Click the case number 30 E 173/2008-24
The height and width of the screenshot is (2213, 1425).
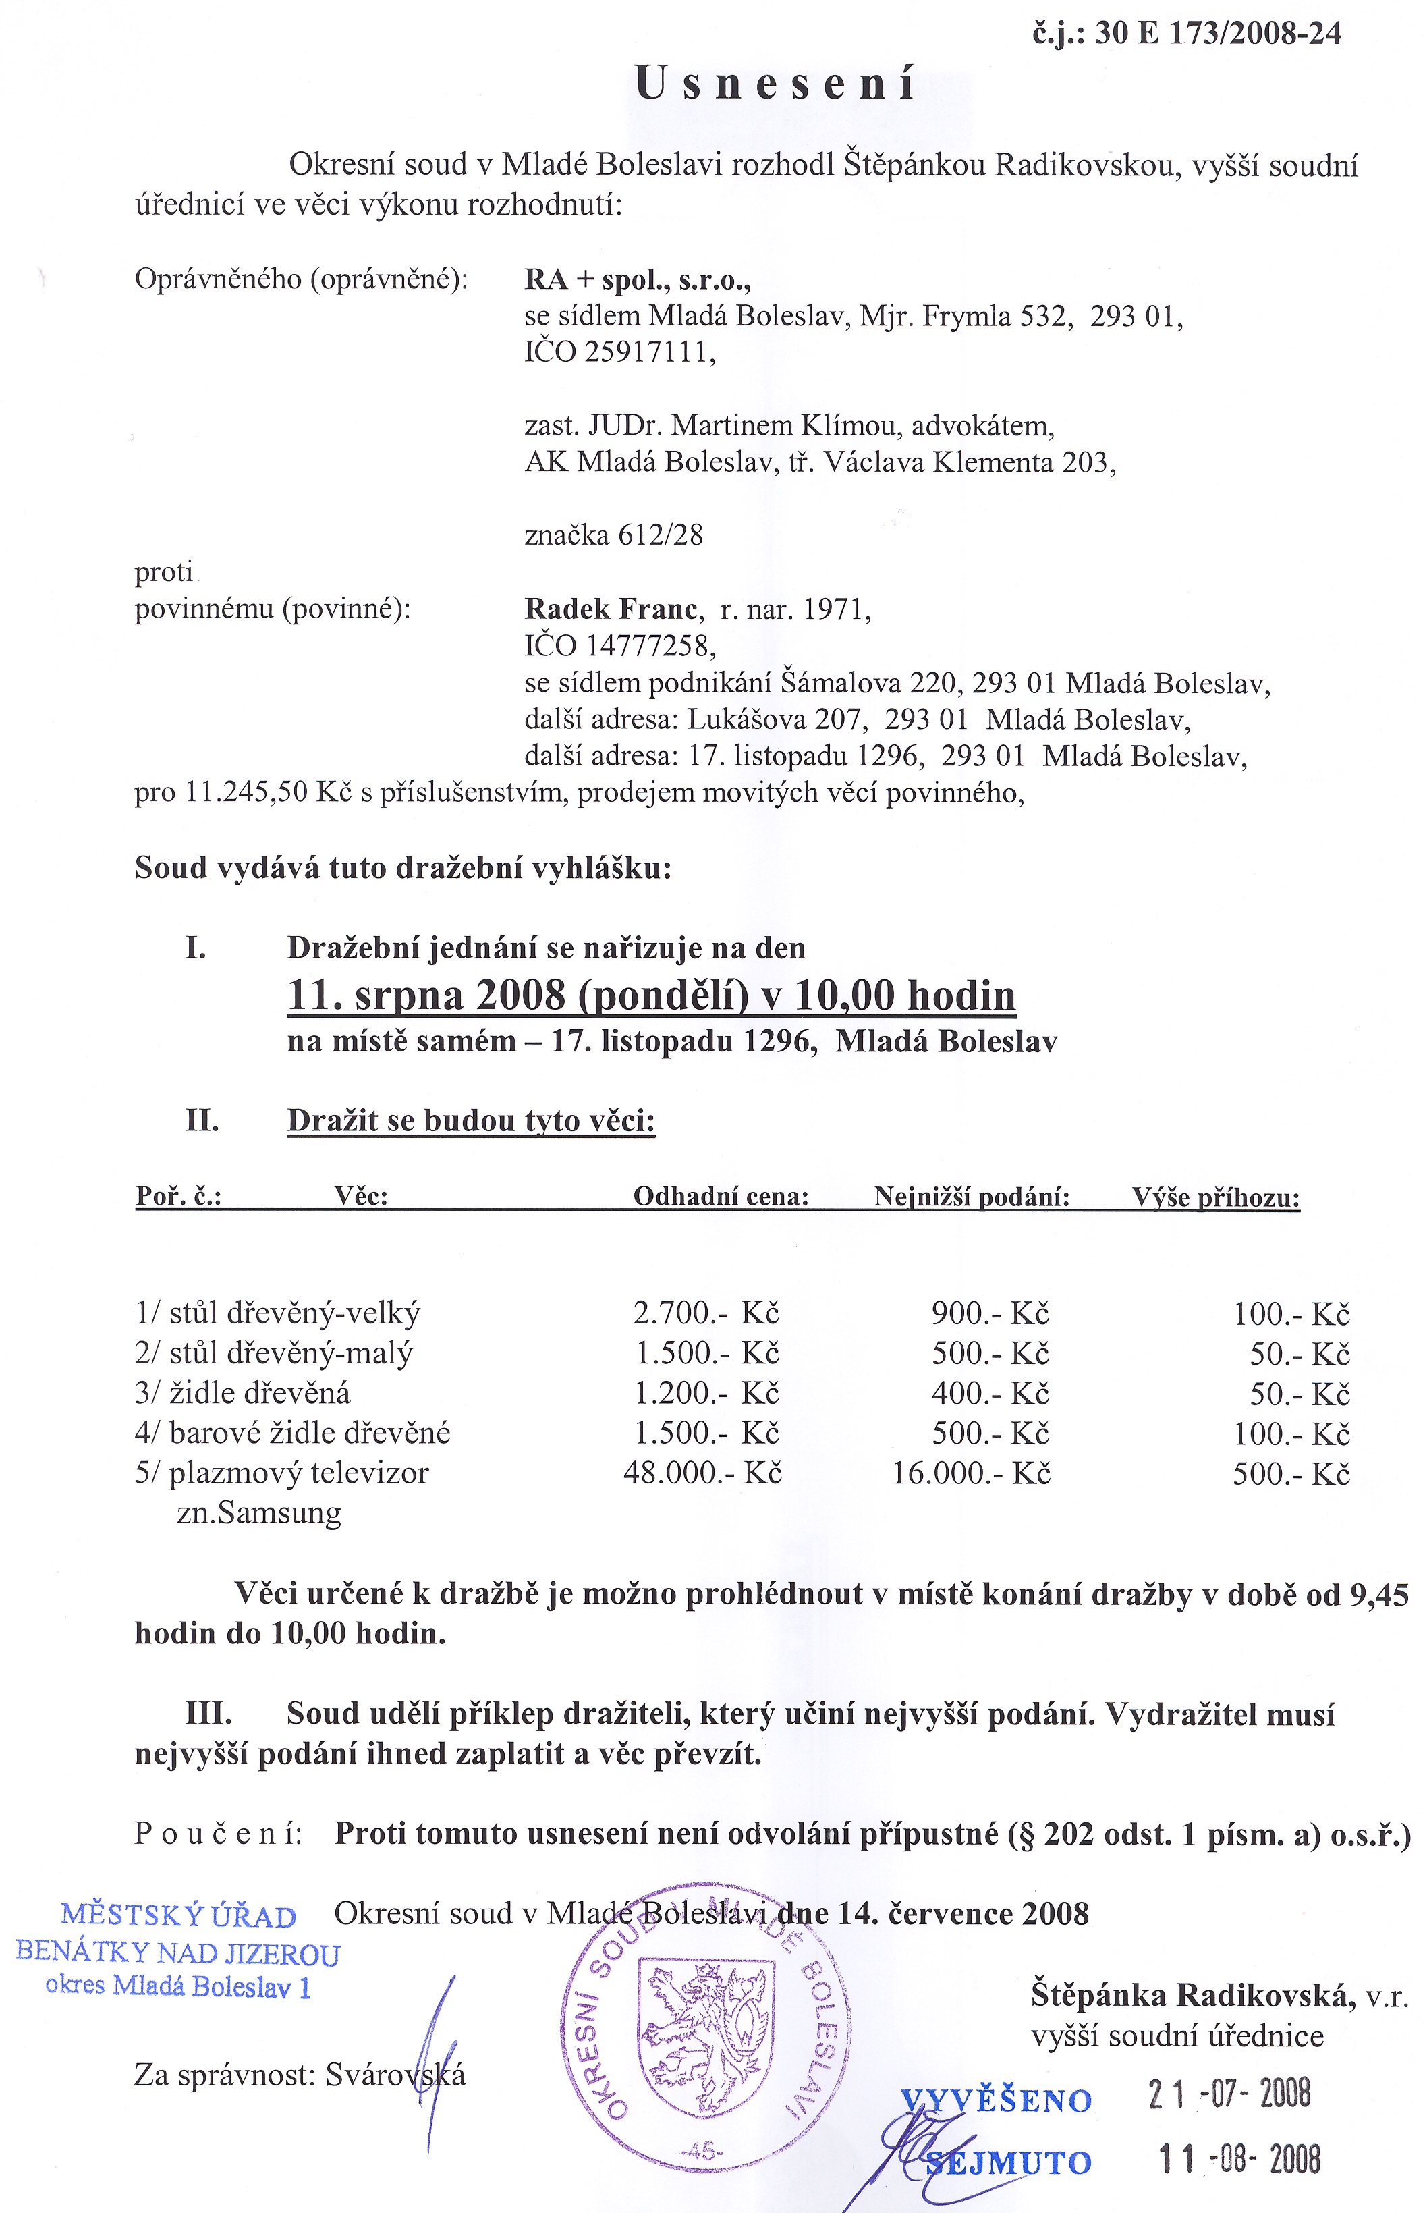(x=1218, y=33)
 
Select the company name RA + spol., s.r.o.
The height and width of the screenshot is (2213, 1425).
(x=638, y=279)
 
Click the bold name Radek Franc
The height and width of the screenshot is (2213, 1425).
(x=611, y=609)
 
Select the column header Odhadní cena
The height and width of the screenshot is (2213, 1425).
(x=721, y=1197)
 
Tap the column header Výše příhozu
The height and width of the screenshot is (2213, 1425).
(x=1216, y=1198)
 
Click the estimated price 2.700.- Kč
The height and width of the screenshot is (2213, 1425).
(x=706, y=1313)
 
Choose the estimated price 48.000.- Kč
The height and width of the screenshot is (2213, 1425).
(x=702, y=1473)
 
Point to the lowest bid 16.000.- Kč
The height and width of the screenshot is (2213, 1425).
(x=971, y=1473)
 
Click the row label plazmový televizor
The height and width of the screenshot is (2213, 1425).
(x=299, y=1473)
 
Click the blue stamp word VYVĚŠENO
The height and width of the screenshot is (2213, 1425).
(x=997, y=2101)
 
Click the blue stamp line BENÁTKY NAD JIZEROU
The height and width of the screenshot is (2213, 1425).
(x=179, y=1954)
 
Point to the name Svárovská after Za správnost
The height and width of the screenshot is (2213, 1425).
(x=396, y=2076)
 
